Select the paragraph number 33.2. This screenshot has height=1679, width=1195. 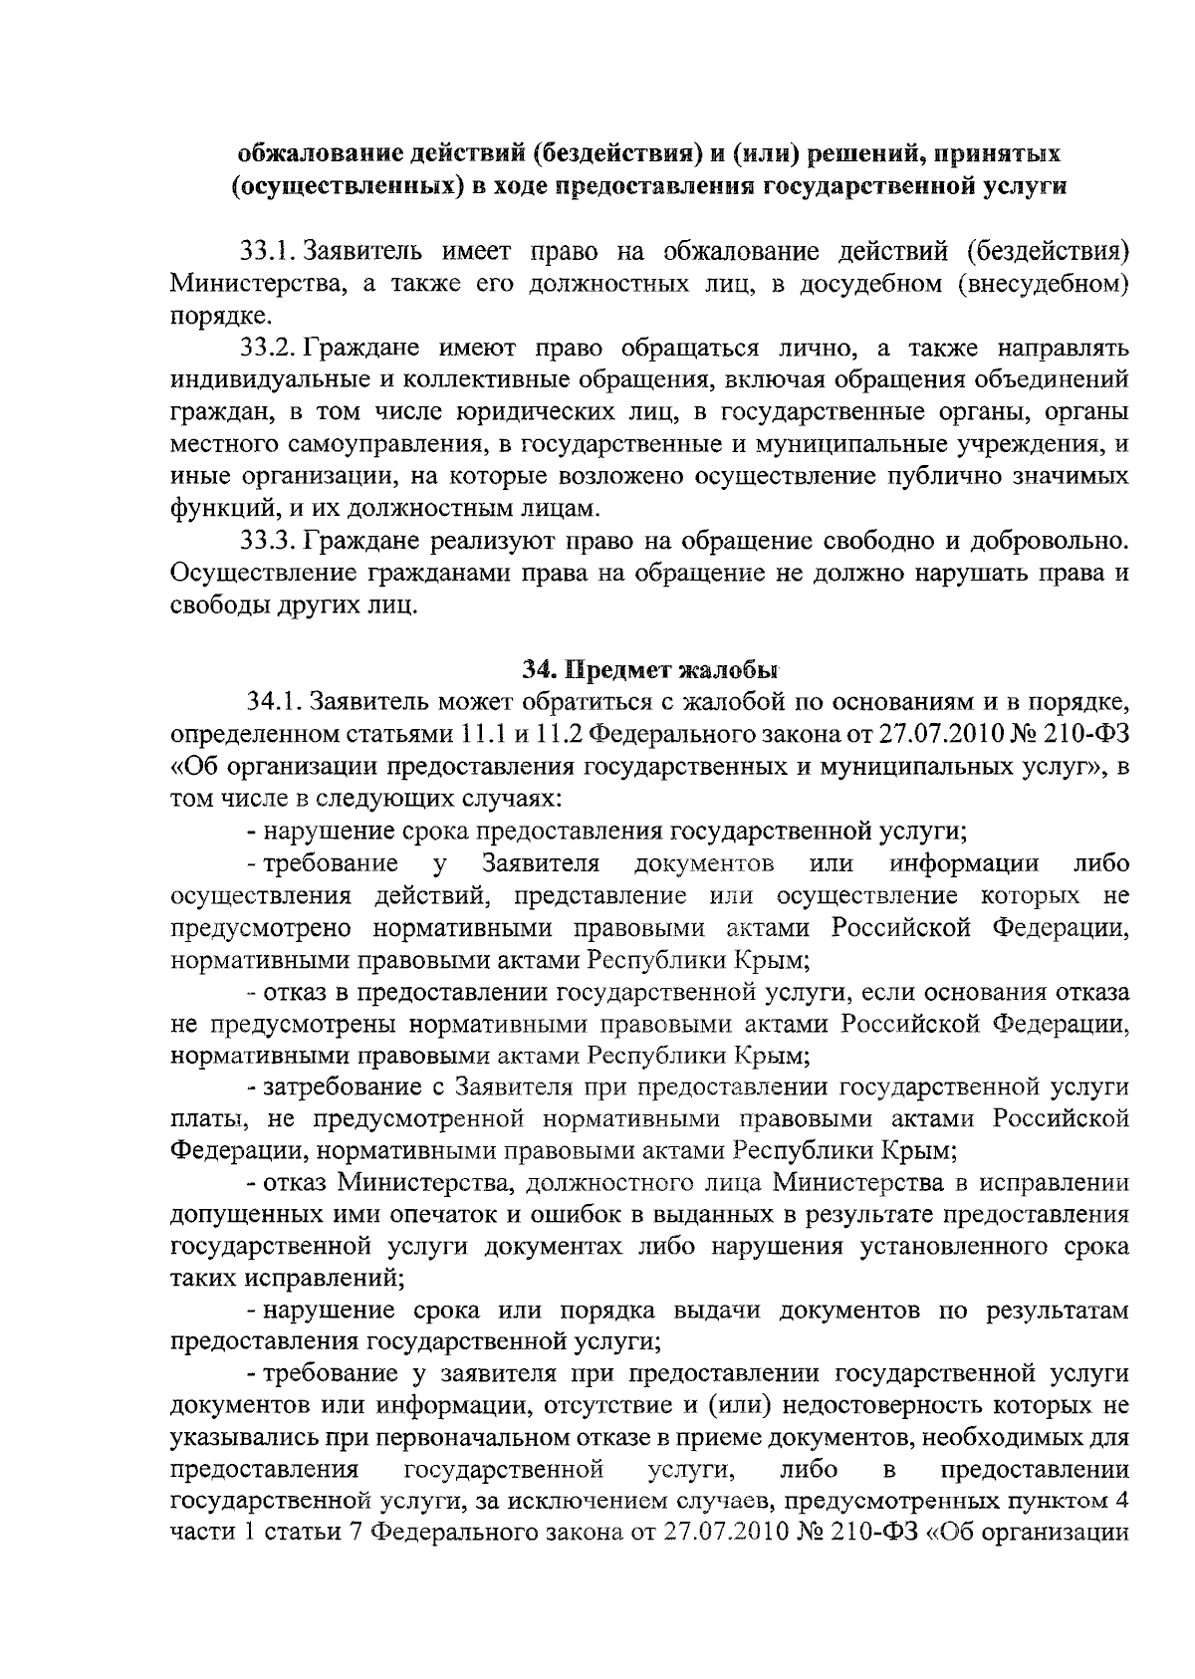pos(266,349)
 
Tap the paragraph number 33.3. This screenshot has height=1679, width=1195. pos(266,542)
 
